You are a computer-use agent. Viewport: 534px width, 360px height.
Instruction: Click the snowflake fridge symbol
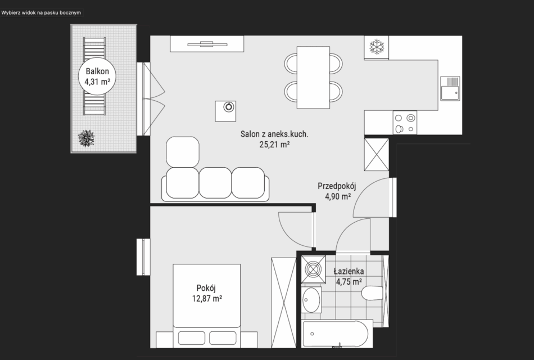377,47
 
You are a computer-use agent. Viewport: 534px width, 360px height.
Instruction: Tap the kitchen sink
450,88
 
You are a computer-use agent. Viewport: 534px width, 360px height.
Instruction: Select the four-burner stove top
405,123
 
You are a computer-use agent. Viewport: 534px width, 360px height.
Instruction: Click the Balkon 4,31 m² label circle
97,76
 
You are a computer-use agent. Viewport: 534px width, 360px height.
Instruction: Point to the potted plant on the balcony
86,138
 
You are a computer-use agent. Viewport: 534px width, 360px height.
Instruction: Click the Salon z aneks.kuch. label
274,134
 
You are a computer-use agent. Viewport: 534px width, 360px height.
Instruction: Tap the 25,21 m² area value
274,145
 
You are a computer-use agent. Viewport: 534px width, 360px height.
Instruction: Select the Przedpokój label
337,186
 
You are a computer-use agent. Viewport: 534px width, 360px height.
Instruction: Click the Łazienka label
349,271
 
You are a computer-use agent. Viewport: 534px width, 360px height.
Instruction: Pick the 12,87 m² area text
207,299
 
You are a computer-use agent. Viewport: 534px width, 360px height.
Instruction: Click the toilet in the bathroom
372,293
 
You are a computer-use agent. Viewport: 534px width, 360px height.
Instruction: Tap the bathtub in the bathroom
336,334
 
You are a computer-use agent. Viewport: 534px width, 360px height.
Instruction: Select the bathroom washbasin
311,300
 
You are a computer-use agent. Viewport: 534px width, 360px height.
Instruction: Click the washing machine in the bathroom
313,269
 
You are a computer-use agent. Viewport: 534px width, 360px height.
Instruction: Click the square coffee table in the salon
225,111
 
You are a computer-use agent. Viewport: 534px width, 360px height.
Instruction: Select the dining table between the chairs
313,78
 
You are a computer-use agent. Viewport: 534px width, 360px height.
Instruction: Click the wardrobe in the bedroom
284,303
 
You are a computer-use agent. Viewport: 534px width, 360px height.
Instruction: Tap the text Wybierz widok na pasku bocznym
41,13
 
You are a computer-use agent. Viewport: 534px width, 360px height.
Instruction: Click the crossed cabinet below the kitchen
376,155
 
